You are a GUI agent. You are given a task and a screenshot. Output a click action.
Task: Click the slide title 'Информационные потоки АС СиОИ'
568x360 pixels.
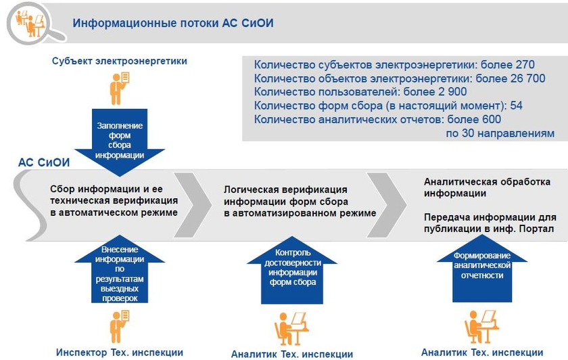tap(173, 23)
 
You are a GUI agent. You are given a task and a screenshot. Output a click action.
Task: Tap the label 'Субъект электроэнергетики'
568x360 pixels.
tap(120, 61)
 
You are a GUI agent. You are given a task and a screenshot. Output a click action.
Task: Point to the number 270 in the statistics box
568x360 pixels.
tap(525, 64)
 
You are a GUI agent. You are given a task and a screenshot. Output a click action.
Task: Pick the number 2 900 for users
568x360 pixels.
tap(452, 92)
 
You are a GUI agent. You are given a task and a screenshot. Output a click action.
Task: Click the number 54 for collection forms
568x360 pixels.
tap(516, 106)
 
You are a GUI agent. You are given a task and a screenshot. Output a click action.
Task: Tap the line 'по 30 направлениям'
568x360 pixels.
tap(500, 133)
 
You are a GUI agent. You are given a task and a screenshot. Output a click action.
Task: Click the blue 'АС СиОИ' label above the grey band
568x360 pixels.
tap(44, 162)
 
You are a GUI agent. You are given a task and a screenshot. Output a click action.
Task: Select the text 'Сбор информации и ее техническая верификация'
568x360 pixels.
tap(114, 195)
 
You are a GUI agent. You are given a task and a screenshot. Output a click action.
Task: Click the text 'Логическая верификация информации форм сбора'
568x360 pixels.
tap(286, 196)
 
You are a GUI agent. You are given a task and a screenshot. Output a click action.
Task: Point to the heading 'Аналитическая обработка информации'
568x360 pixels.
tap(488, 187)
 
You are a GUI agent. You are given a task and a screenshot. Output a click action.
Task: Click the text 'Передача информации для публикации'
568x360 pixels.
tap(490, 223)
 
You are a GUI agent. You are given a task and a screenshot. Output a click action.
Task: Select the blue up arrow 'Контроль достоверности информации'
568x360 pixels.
tap(292, 271)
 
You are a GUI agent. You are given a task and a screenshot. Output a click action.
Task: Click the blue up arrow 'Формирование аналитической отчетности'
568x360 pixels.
tap(482, 269)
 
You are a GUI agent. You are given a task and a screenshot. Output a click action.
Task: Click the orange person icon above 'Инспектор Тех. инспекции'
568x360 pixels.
tap(120, 326)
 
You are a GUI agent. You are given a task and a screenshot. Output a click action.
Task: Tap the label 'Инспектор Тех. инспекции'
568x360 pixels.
tap(120, 353)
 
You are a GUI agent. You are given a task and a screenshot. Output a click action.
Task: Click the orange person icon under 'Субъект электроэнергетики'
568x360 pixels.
tap(120, 89)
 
